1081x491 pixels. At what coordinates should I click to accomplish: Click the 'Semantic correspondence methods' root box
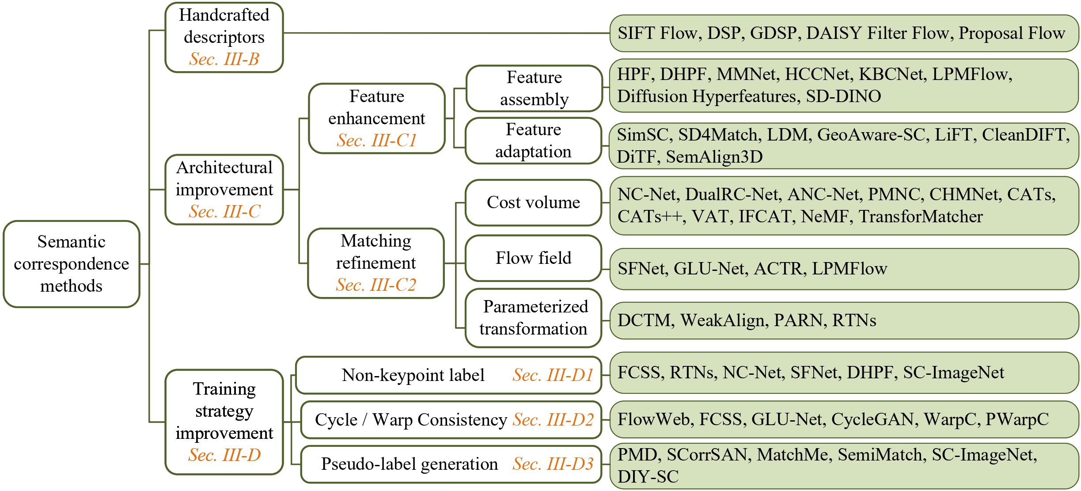[x=71, y=264]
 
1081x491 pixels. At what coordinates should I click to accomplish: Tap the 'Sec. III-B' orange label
[x=224, y=59]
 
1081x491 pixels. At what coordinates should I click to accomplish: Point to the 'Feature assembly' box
[x=534, y=88]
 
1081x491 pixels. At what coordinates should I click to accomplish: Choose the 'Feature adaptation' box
[x=533, y=141]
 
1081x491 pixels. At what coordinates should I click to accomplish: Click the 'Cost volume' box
[x=533, y=202]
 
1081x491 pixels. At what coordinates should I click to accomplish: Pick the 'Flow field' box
[x=533, y=258]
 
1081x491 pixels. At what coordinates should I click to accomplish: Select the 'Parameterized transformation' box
[x=533, y=318]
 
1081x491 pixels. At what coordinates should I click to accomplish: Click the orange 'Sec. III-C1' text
[x=377, y=141]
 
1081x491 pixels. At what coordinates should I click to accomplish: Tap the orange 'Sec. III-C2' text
[x=376, y=285]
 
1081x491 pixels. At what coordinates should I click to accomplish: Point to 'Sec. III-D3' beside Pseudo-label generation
[x=553, y=464]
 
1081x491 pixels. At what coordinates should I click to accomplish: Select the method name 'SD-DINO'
[x=843, y=96]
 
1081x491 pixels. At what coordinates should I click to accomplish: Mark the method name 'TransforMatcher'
[x=921, y=217]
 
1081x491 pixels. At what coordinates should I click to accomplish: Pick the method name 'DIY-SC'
[x=648, y=477]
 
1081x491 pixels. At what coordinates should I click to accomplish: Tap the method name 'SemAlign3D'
[x=714, y=157]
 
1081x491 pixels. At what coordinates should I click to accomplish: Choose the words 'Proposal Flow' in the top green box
[x=1012, y=33]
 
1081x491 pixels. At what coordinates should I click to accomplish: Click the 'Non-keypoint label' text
[x=413, y=375]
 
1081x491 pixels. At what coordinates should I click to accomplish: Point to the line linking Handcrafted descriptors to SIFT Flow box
[x=446, y=33]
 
